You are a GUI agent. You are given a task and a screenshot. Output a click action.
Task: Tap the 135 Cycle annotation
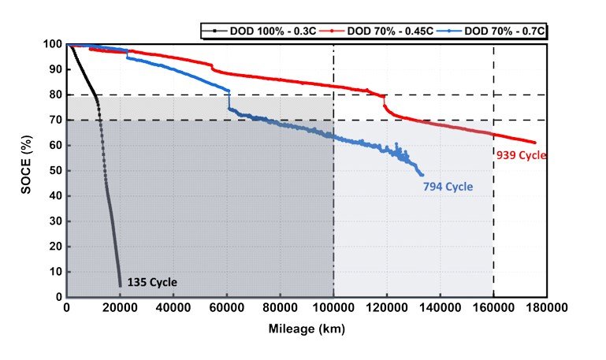click(151, 281)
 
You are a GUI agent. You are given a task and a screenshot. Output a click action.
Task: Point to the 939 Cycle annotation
click(521, 154)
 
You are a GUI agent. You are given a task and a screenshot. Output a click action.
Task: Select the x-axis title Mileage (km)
click(305, 330)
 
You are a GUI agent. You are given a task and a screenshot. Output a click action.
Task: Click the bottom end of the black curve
click(120, 285)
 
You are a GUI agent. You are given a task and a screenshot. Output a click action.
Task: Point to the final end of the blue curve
click(422, 175)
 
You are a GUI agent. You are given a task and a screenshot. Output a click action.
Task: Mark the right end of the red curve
click(536, 143)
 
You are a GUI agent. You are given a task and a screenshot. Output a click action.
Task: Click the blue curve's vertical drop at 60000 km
click(229, 100)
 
